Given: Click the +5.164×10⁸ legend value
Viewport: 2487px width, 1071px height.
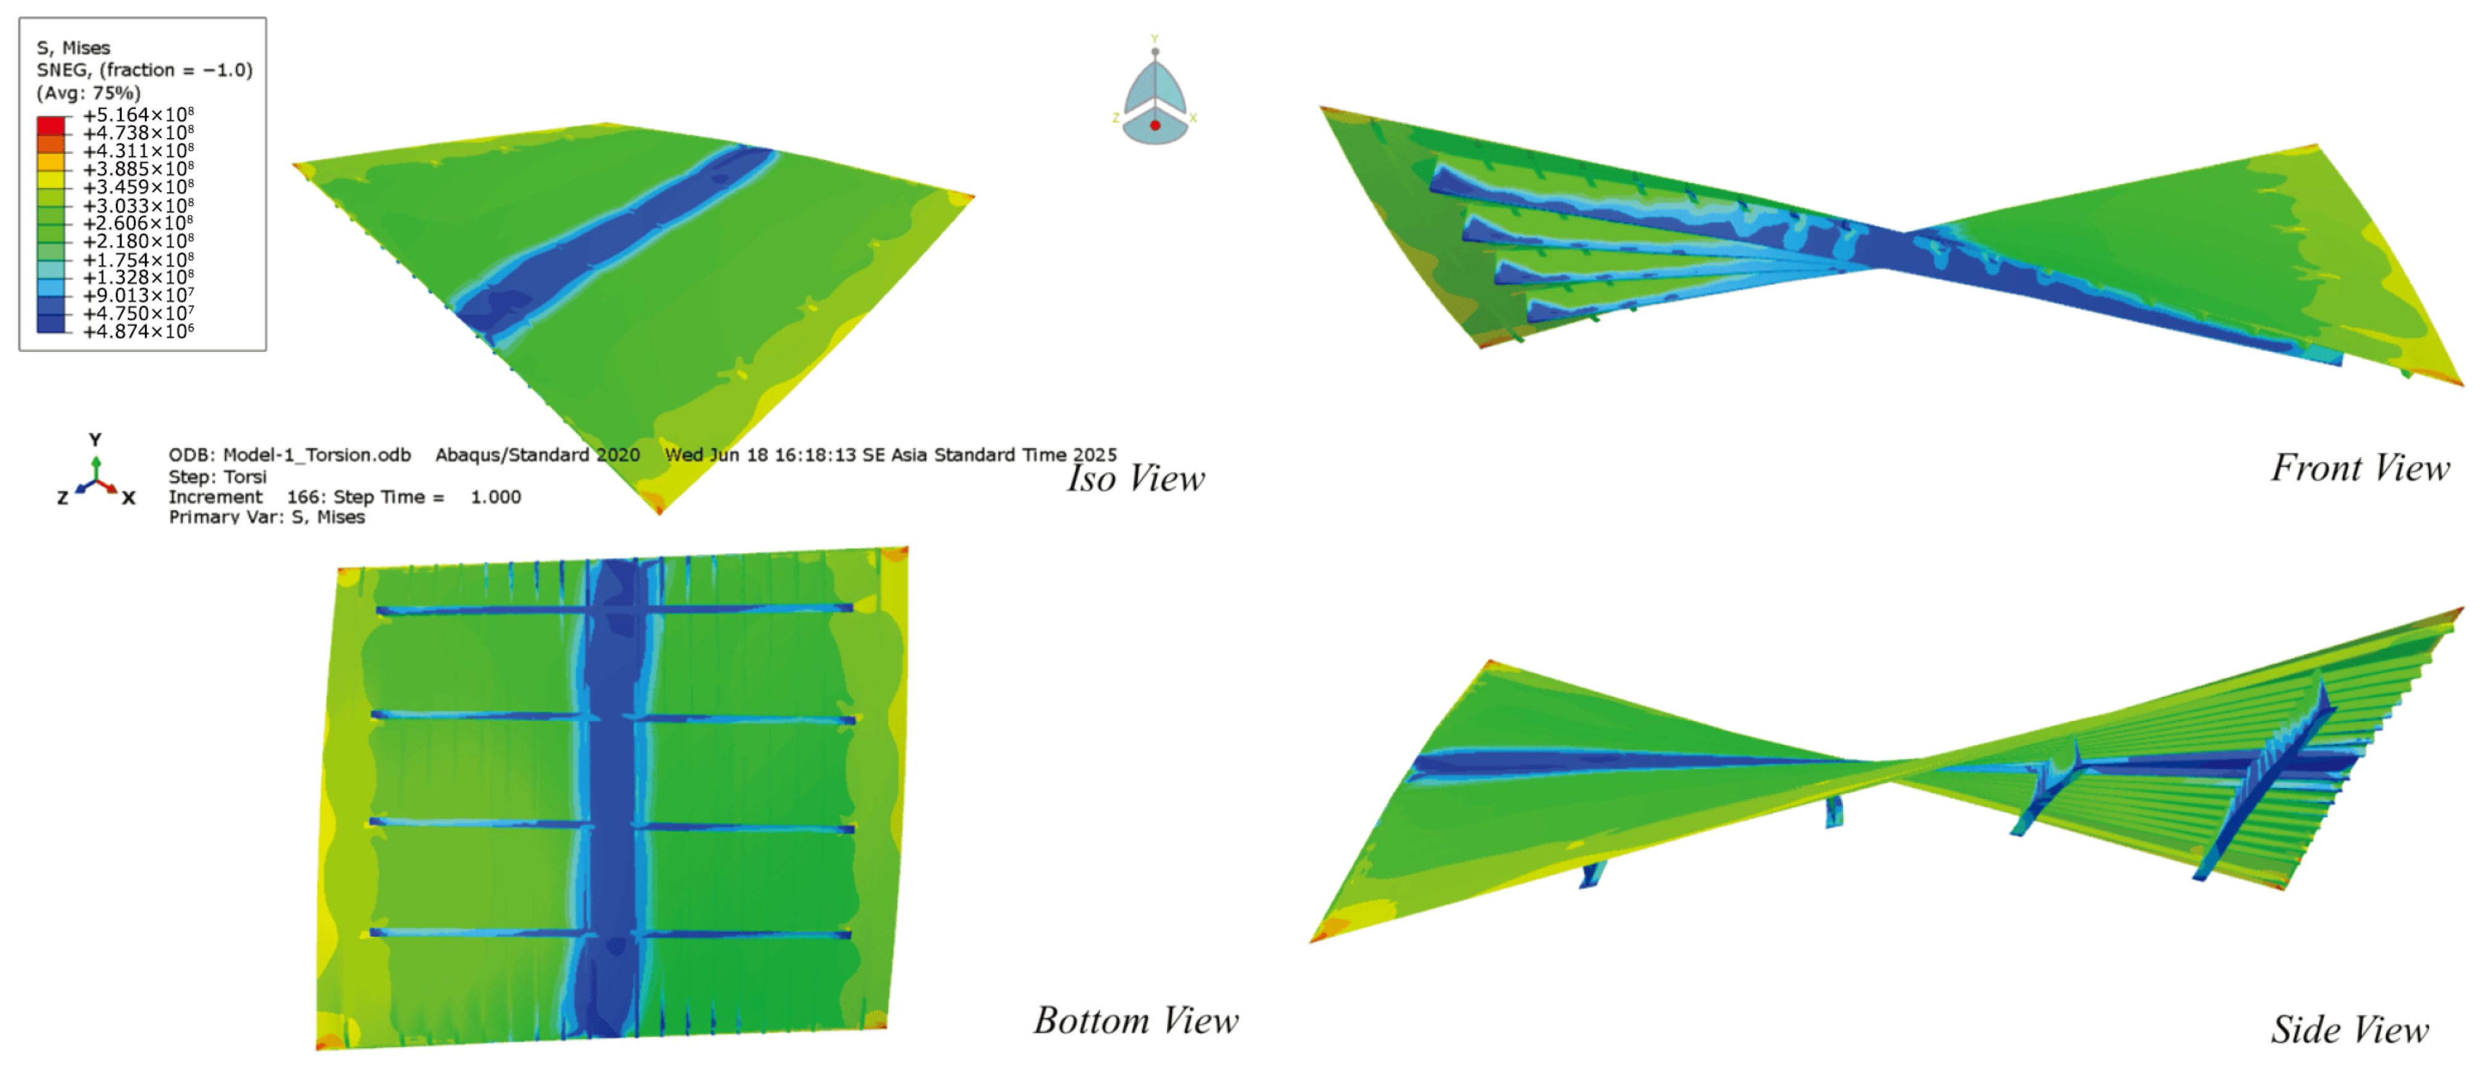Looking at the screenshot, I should tap(138, 115).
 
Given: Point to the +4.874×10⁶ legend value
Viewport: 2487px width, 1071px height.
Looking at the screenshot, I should tap(138, 332).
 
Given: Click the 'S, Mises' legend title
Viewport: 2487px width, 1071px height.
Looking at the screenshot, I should tap(73, 47).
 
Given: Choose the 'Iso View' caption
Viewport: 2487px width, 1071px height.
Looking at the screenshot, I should tap(1136, 478).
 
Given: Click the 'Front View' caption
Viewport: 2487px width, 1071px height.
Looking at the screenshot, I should tap(2359, 468).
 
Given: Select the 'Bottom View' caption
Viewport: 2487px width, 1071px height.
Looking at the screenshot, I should tap(1136, 1021).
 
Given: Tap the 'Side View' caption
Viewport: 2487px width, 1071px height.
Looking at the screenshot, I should tap(2349, 1030).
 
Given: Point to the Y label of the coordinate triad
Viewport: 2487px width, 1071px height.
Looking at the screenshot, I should tap(95, 439).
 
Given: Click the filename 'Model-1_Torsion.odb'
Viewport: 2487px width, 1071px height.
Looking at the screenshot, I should tap(317, 455).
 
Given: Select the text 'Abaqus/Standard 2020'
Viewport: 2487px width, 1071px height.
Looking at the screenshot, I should tap(537, 455).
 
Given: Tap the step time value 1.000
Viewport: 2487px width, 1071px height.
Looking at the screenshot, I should tap(495, 497).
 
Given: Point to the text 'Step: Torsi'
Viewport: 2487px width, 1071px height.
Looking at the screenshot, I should tap(218, 477).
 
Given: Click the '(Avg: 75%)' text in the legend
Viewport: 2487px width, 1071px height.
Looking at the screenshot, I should tap(89, 92).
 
